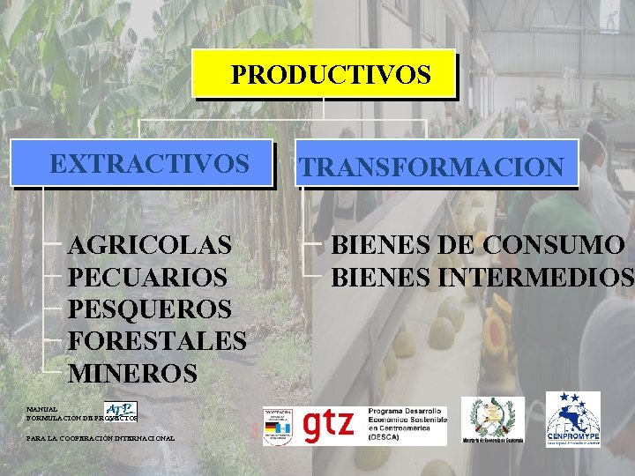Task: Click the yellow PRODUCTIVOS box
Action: (325, 74)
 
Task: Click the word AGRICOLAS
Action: (151, 244)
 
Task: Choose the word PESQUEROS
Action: (150, 309)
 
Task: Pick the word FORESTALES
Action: (157, 341)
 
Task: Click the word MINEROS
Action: (132, 374)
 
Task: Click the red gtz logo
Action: (328, 426)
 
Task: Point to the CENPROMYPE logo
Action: (572, 419)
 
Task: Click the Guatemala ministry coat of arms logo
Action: (492, 420)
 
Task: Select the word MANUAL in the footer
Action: (42, 410)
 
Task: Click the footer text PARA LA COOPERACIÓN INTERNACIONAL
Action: (101, 438)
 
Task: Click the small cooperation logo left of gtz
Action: (278, 426)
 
